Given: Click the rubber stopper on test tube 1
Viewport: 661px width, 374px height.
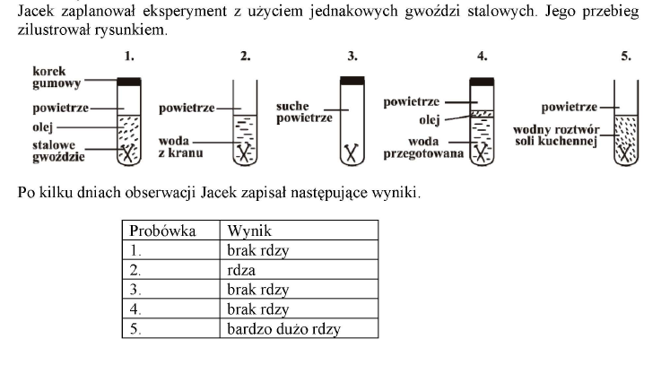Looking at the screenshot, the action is tap(129, 82).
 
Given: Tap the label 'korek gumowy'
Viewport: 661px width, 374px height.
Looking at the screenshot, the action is tap(57, 77).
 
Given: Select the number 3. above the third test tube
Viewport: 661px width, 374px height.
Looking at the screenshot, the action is tap(352, 57).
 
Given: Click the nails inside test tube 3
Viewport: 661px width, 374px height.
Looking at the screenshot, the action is tap(352, 154).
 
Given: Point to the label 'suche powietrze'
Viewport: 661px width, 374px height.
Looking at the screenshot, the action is tap(304, 112).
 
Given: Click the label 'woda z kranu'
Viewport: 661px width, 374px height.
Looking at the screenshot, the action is tap(180, 147).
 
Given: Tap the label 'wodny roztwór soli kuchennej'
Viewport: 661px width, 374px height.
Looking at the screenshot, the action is tap(556, 135).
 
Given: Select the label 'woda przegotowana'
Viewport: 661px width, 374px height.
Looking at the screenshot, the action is tap(423, 147).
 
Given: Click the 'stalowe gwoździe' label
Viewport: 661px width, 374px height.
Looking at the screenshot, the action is tap(58, 151).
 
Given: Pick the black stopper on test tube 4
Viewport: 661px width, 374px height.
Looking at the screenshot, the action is tap(482, 82).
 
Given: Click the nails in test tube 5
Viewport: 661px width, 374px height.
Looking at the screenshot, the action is tap(626, 152).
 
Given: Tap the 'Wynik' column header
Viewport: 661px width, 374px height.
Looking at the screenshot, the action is tap(249, 230).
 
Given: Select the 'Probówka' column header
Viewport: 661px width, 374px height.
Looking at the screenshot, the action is tap(162, 230).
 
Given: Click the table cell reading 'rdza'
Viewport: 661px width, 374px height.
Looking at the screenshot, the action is tap(241, 270).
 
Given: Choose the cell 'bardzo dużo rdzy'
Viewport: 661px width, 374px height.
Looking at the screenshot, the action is tap(283, 329).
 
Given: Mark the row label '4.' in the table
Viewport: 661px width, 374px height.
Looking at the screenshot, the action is tap(135, 309).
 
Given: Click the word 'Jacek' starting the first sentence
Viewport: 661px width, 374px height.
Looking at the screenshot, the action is tap(36, 11).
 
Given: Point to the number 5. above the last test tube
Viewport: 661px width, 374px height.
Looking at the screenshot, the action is tap(626, 57).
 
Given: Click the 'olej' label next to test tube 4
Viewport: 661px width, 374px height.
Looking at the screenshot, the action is tap(429, 120).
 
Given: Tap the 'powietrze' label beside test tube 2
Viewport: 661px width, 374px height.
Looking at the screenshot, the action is tap(187, 109).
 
